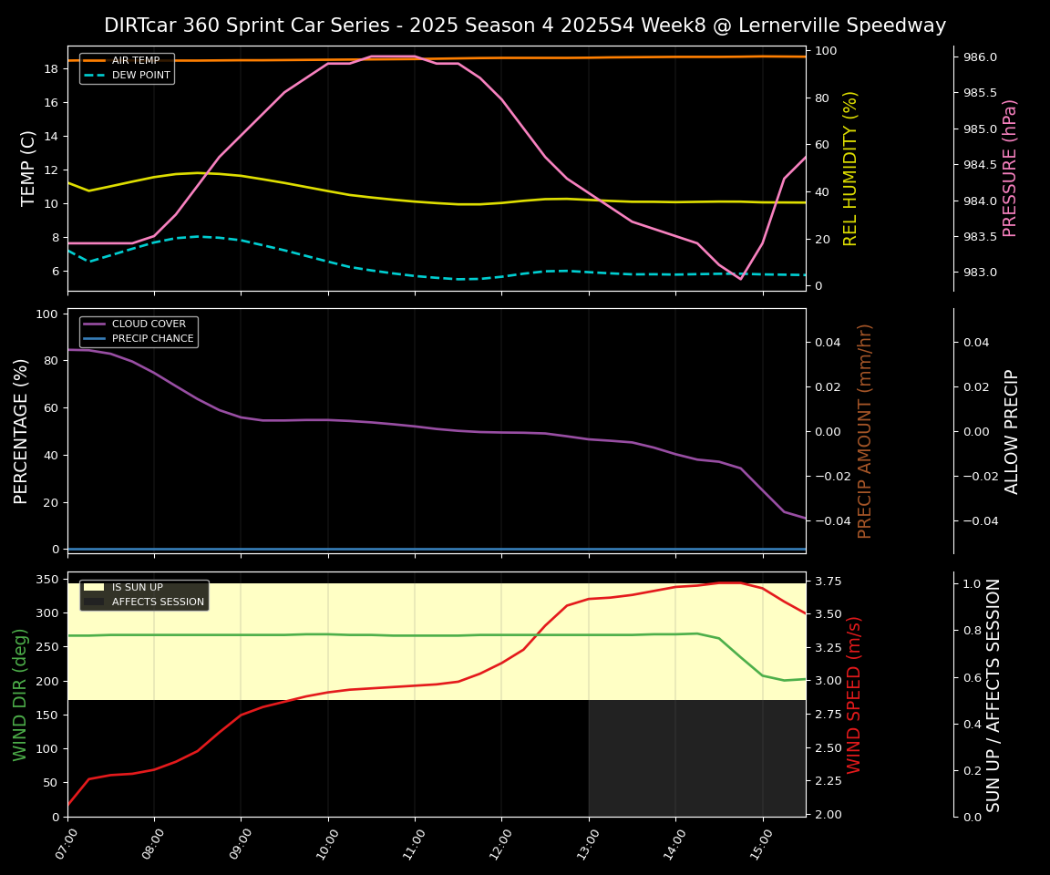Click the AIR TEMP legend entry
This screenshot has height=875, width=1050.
tap(136, 61)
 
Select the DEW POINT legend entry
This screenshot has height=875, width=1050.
tap(140, 76)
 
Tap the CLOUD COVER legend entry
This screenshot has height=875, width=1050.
tap(149, 324)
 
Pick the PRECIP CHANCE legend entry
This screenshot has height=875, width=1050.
tap(152, 339)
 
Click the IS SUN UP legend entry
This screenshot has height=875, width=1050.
tap(137, 588)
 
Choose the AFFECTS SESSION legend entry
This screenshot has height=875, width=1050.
tap(158, 602)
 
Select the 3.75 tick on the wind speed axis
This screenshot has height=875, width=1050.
tap(828, 582)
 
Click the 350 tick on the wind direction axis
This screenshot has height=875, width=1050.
tap(48, 579)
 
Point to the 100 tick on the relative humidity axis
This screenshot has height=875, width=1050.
tap(827, 51)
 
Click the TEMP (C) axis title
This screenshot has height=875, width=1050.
tap(28, 168)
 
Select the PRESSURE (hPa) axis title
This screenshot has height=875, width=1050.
tap(1010, 168)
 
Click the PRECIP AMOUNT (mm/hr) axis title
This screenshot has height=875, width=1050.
tap(865, 430)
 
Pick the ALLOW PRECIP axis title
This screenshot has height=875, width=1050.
tap(1012, 431)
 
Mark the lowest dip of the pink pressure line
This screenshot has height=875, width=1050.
tap(740, 279)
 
